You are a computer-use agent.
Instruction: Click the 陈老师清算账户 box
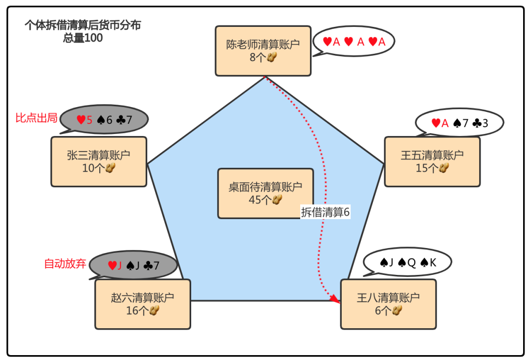pos(263,51)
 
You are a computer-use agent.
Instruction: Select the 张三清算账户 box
pos(99,161)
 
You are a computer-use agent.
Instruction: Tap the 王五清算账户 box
pos(432,161)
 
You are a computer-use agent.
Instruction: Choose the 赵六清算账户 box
pos(142,304)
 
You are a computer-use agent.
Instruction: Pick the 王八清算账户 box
pos(388,304)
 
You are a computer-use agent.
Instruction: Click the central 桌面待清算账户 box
pos(265,193)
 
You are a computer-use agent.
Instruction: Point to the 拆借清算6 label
pos(326,212)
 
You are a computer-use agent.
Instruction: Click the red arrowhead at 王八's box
pos(335,299)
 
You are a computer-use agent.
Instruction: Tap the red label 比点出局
pos(36,118)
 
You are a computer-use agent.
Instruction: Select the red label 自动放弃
pos(65,264)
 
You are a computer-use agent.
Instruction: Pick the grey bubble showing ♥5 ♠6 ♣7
pos(104,119)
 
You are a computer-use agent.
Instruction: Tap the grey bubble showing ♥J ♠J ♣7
pos(133,266)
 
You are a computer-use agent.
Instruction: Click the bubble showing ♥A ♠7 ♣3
pos(460,123)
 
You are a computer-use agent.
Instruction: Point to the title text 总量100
pos(83,38)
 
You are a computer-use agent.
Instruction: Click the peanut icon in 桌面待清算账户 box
pos(277,200)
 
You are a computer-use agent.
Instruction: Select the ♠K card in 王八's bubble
pos(428,263)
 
